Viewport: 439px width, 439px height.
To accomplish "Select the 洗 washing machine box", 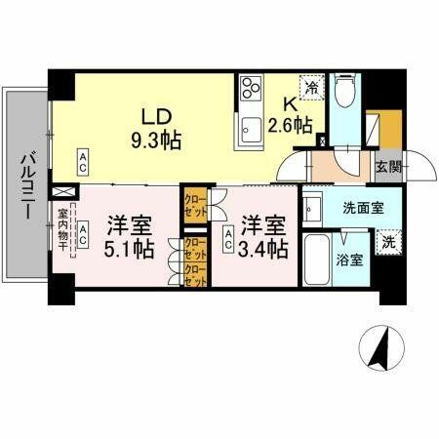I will (386, 241).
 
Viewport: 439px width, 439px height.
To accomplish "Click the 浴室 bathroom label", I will (350, 260).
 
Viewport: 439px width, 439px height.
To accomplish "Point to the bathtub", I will (317, 259).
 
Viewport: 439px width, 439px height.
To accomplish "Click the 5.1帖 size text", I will (131, 249).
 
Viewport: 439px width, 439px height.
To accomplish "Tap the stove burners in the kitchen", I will (249, 88).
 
